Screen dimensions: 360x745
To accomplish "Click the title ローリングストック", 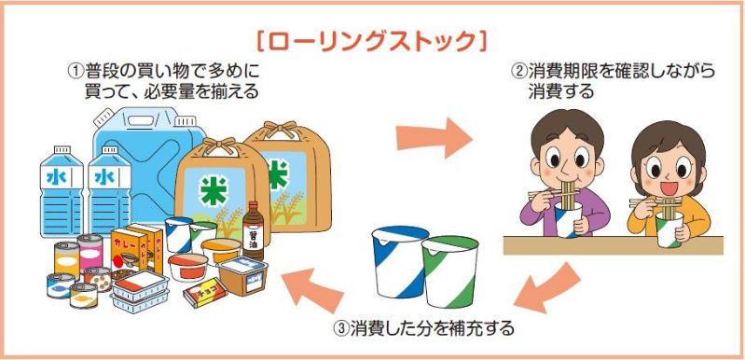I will point(373,42).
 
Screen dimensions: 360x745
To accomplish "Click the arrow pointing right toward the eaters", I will point(433,138).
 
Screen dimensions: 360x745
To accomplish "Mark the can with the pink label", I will point(90,251).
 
